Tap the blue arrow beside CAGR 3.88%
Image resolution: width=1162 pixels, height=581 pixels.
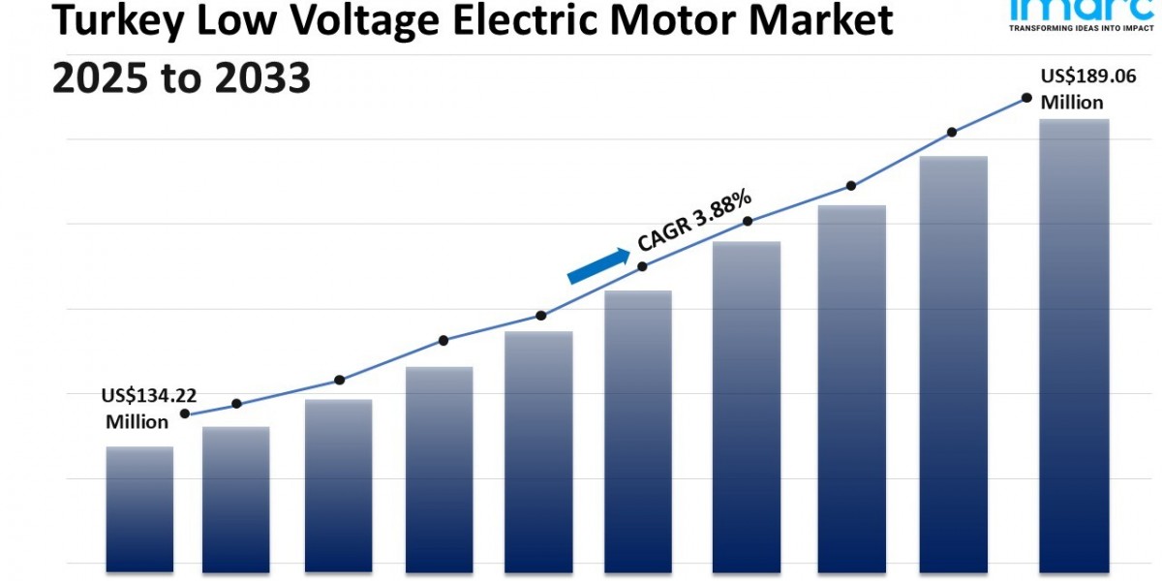click(597, 264)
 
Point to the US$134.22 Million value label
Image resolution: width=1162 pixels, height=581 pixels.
click(148, 408)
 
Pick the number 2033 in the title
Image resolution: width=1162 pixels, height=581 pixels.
click(261, 77)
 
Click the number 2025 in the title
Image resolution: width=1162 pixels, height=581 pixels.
click(99, 77)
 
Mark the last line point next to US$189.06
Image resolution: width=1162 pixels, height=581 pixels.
click(1025, 98)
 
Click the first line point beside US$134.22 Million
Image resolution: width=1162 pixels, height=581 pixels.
click(185, 413)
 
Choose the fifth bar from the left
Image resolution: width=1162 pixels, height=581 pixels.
click(538, 448)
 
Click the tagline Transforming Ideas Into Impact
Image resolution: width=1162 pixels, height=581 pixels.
click(1079, 29)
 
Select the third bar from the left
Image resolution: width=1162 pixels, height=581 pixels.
click(339, 482)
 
